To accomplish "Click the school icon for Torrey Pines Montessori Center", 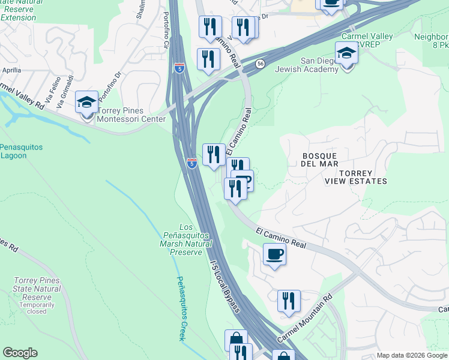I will coord(87,103).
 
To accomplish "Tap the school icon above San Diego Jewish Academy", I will coord(346,54).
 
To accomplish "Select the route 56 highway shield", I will coord(259,64).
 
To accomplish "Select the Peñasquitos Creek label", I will coord(181,308).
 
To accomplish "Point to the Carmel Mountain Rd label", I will coord(304,319).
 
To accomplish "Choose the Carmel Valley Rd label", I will coord(23,95).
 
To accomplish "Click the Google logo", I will coord(20,353).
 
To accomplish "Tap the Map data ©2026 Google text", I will coord(412,355).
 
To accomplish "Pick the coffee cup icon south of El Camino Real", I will coord(274,254).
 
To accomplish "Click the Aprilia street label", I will coord(11,70).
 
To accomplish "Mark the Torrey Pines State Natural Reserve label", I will coord(37,289).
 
